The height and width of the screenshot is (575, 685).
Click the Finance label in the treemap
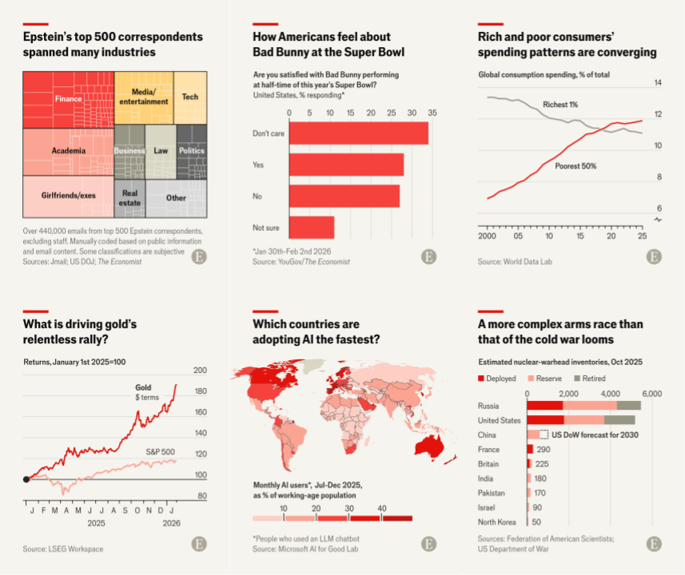69,99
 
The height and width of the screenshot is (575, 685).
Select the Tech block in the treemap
190,97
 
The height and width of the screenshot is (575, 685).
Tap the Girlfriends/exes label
69,195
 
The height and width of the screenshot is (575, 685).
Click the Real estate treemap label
130,197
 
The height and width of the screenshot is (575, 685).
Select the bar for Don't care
358,133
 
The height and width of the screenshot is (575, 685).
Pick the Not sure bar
312,228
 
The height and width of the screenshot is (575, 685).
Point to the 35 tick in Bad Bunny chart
432,113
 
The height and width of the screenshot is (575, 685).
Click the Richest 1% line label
560,105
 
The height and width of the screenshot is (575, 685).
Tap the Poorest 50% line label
576,166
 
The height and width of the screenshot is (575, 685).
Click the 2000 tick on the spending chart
487,236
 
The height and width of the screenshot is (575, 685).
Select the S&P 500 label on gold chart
160,452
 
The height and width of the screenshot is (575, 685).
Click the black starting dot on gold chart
26,479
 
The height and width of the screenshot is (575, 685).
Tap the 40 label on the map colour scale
382,508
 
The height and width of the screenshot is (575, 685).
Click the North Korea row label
499,521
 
